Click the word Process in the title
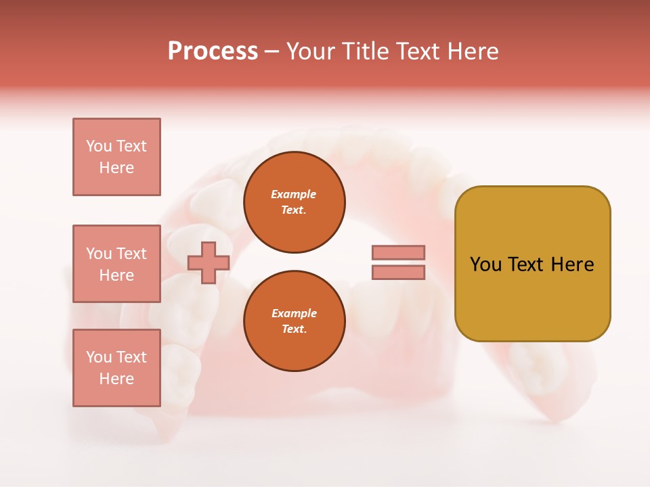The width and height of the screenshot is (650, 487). [213, 51]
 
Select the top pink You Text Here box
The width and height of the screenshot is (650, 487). [116, 157]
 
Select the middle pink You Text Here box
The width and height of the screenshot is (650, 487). [116, 264]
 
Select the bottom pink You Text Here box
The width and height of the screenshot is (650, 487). [116, 368]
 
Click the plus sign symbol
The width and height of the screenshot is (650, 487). [209, 262]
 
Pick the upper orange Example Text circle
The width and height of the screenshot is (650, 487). [294, 202]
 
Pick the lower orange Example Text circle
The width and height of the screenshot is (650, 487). [294, 321]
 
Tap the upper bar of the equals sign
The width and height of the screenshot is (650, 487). [398, 252]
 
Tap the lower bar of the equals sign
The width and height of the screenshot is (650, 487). [398, 272]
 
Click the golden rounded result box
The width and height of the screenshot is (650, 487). [532, 264]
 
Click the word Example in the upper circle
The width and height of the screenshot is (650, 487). [294, 194]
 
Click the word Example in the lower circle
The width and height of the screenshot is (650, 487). [294, 313]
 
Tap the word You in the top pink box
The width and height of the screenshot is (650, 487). [98, 146]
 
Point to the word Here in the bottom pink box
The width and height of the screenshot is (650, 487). [116, 379]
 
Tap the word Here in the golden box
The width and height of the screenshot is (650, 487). [572, 264]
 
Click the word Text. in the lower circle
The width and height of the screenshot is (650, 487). [294, 329]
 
